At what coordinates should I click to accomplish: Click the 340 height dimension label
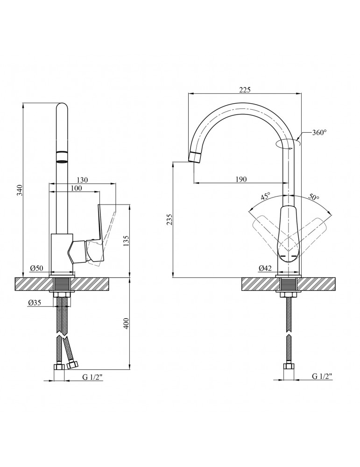pyautogui.click(x=20, y=190)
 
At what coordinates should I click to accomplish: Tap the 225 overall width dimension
pyautogui.click(x=245, y=89)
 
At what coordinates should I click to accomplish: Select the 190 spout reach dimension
pyautogui.click(x=241, y=179)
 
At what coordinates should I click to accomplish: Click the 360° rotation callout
pyautogui.click(x=319, y=133)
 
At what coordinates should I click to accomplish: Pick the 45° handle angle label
pyautogui.click(x=265, y=197)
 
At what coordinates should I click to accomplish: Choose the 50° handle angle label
pyautogui.click(x=314, y=197)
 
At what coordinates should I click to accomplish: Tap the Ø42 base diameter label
pyautogui.click(x=265, y=269)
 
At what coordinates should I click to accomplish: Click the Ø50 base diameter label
pyautogui.click(x=36, y=269)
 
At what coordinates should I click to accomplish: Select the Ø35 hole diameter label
pyautogui.click(x=35, y=303)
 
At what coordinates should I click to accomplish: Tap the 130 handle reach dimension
pyautogui.click(x=82, y=180)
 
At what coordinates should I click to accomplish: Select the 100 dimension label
pyautogui.click(x=76, y=188)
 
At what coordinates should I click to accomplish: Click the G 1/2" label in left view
pyautogui.click(x=92, y=377)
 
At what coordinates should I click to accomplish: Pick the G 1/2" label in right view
pyautogui.click(x=322, y=376)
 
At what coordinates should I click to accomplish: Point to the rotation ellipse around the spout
pyautogui.click(x=288, y=143)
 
